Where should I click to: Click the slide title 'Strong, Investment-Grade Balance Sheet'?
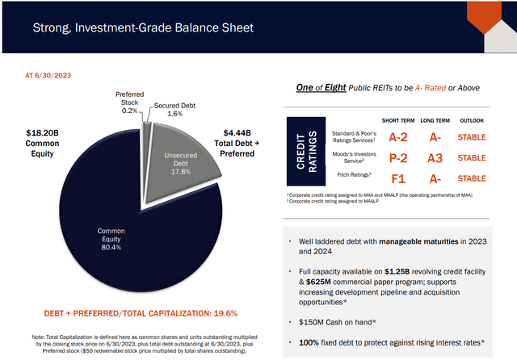click(142, 28)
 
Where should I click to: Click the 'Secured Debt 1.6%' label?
click(176, 110)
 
